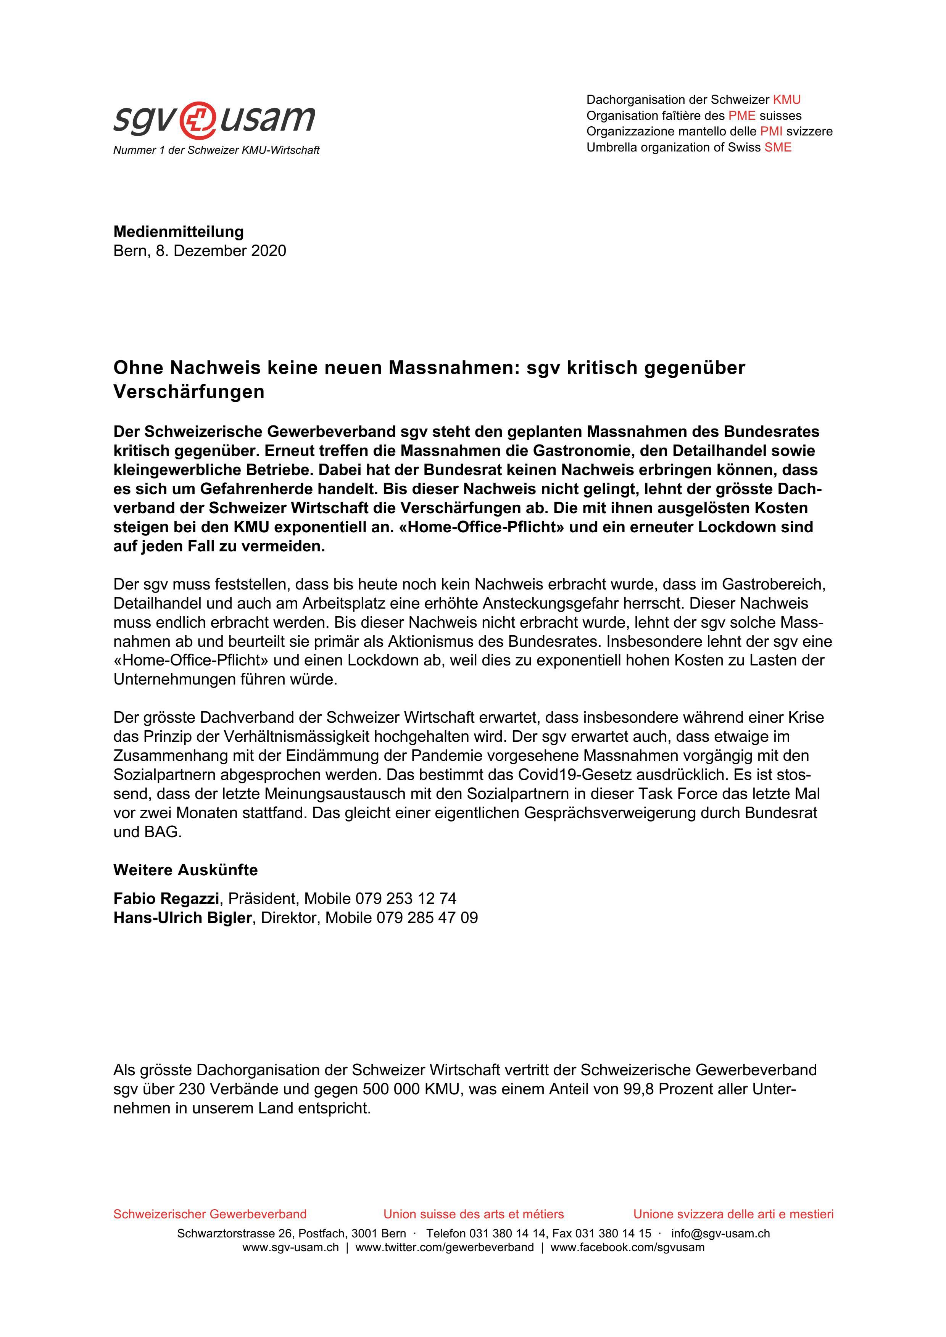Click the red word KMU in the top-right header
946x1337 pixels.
coord(786,100)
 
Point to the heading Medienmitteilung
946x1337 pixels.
coord(178,232)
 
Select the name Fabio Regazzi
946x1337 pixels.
coord(166,899)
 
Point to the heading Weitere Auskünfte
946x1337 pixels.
coord(185,870)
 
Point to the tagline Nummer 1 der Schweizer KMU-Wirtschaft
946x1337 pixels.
coord(216,150)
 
